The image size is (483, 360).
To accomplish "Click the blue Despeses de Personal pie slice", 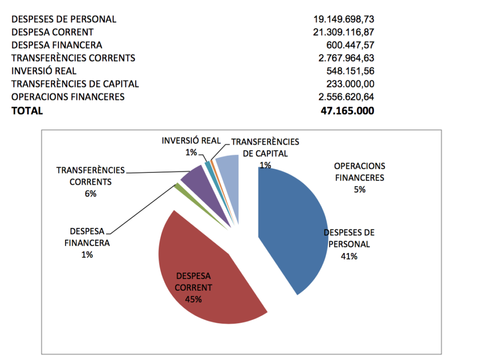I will pyautogui.click(x=292, y=221).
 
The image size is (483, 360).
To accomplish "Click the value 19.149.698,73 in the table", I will pyautogui.click(x=343, y=19).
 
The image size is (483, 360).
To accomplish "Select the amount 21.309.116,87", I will pyautogui.click(x=343, y=32).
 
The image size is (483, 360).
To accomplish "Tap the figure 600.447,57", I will pyautogui.click(x=350, y=45).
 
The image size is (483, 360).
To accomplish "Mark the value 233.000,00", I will pyautogui.click(x=350, y=84).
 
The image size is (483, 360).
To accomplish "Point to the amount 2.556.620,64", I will pyautogui.click(x=346, y=97).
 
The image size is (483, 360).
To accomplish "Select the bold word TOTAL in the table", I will pyautogui.click(x=27, y=111).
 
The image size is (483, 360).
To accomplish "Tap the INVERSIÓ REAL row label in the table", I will pyautogui.click(x=43, y=71).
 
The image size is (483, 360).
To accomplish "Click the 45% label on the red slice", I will pyautogui.click(x=193, y=299).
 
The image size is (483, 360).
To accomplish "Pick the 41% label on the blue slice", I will pyautogui.click(x=349, y=256).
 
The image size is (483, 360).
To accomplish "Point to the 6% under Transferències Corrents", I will pyautogui.click(x=90, y=193).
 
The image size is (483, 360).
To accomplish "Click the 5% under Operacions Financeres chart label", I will pyautogui.click(x=359, y=190).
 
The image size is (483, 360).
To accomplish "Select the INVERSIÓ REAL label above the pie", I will pyautogui.click(x=191, y=140).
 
